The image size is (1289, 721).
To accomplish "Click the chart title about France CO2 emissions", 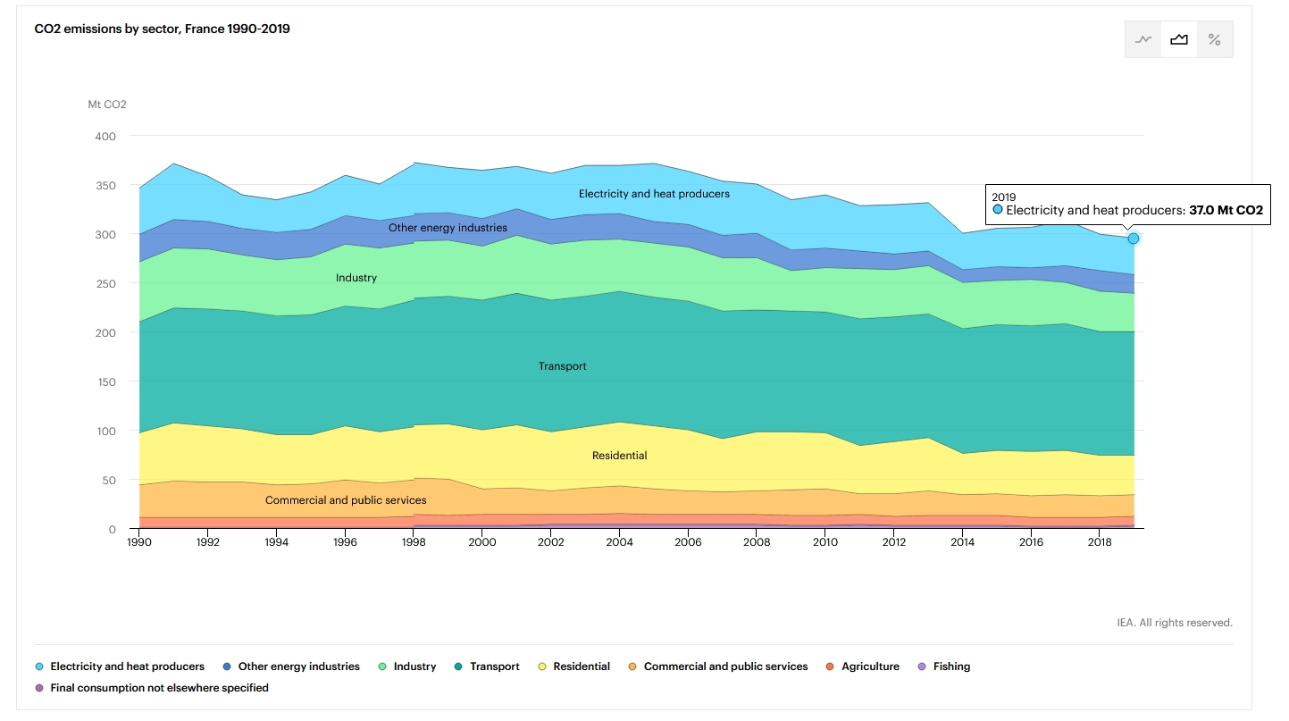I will [162, 29].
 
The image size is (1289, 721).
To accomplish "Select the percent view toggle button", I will [1214, 39].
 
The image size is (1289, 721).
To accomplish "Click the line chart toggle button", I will [1143, 39].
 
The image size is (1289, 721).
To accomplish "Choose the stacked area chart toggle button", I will [1179, 39].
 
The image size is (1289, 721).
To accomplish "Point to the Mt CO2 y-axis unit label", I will [107, 105].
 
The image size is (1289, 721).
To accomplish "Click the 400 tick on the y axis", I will [105, 136].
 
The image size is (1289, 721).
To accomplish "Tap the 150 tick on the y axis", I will [105, 381].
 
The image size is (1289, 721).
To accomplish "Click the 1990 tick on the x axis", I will [139, 542].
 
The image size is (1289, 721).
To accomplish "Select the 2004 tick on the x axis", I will [619, 542].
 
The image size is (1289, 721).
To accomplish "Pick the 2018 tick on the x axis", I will [1100, 542].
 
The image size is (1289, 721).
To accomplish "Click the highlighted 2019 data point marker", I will [1133, 239].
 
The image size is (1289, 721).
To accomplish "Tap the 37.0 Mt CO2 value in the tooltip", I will [1226, 211].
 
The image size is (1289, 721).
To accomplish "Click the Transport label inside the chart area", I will [562, 366].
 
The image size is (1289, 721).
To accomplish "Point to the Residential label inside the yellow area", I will [619, 456].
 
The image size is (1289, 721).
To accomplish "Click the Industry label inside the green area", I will [356, 278].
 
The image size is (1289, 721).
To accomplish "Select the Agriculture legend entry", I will [869, 667].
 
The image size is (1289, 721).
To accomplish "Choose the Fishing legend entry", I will [950, 667].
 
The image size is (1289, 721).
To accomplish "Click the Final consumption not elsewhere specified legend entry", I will [159, 688].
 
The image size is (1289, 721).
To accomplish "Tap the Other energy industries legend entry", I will [298, 667].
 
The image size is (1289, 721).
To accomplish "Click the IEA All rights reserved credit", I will [1174, 623].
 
